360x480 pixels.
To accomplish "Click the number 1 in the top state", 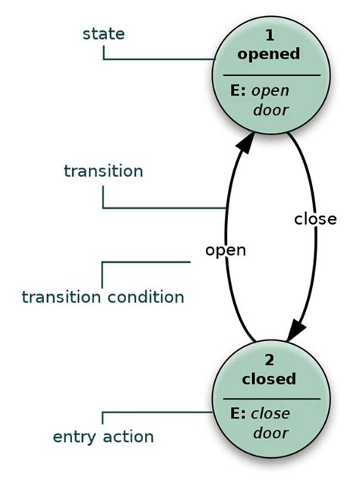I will click(270, 36).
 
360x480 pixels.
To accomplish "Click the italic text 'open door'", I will click(271, 101).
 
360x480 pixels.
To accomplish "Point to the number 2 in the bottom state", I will click(270, 360).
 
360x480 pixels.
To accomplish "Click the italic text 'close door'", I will click(271, 424).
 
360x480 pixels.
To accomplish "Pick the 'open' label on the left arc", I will click(226, 249).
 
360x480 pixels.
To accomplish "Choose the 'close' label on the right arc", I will click(314, 219).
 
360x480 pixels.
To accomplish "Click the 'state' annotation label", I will click(103, 34).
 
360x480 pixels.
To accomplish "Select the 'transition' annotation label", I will click(103, 171).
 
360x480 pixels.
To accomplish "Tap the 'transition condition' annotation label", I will click(103, 296).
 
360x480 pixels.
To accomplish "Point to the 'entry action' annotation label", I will click(103, 437).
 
